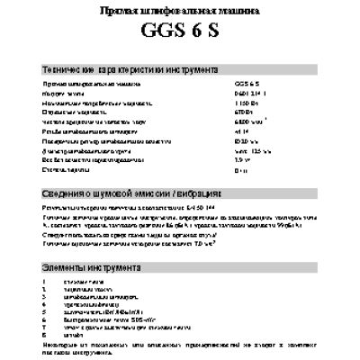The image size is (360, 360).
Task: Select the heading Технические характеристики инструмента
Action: click(131, 70)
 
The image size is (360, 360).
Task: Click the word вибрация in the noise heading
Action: click(204, 194)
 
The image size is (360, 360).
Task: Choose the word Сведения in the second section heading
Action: click(64, 194)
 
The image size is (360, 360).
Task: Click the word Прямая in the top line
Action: click(118, 11)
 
